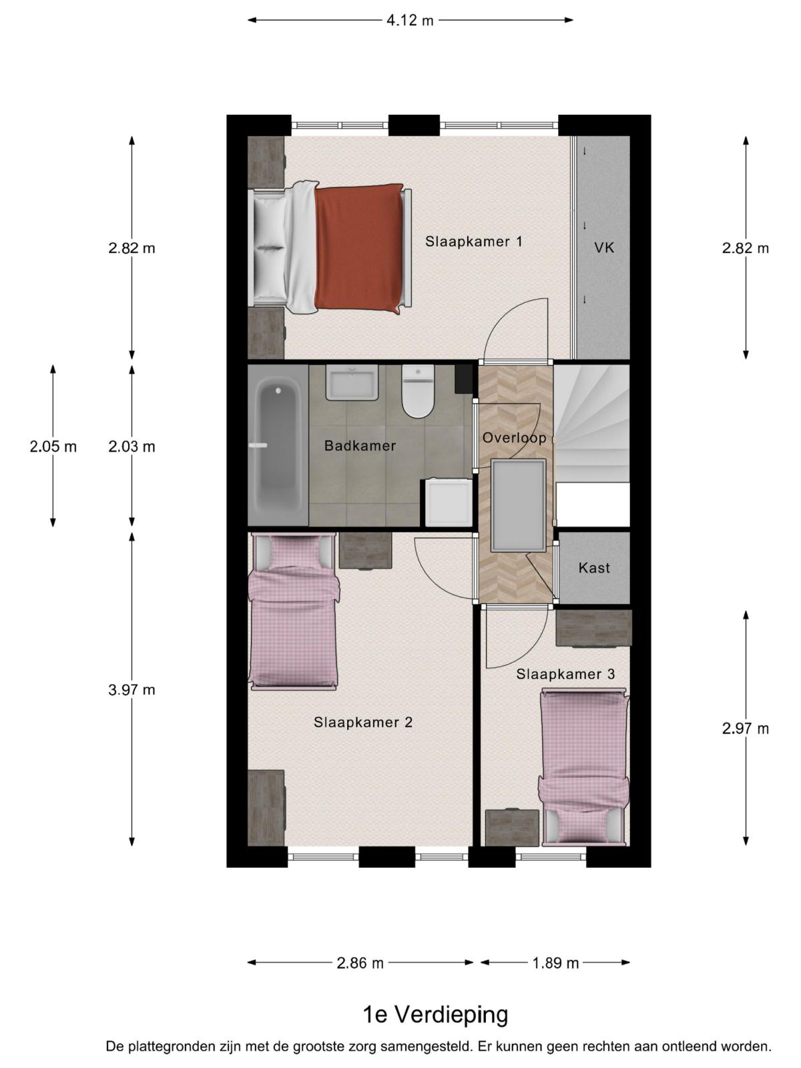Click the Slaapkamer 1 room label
pos(474,242)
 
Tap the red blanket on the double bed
pos(359,248)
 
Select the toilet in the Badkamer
pos(418,392)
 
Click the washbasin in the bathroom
pos(352,383)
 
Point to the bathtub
pos(278,445)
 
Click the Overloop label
pos(514,438)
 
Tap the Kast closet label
pos(594,568)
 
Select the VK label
pos(604,248)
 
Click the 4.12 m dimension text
pos(410,21)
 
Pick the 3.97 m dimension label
pos(131,690)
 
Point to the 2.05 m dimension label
pos(53,446)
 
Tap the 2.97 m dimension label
pos(746,728)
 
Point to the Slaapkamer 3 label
pos(565,674)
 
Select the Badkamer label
pos(360,445)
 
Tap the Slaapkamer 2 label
pos(363,722)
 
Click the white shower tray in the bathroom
pos(448,503)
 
